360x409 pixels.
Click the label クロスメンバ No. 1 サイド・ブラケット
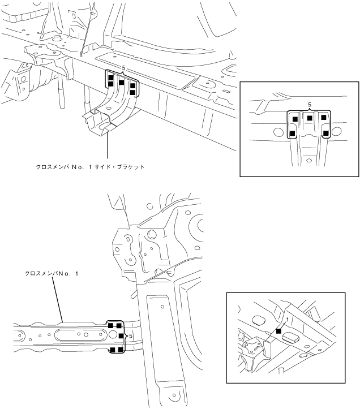tap(91, 167)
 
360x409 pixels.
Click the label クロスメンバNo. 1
tap(52, 273)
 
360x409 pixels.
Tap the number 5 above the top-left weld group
tap(123, 68)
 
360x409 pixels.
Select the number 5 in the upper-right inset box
tap(310, 105)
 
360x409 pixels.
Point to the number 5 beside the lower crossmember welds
tap(131, 336)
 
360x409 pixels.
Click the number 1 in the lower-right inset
tap(288, 320)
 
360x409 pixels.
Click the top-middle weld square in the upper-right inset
tap(310, 118)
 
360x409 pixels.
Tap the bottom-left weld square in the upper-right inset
tap(293, 134)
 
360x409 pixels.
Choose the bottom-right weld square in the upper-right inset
tap(326, 134)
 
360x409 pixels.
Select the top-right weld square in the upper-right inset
tap(324, 117)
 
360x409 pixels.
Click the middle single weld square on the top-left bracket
tap(121, 82)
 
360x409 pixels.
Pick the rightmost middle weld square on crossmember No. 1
tap(121, 336)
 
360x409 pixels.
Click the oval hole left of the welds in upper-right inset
tap(278, 133)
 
